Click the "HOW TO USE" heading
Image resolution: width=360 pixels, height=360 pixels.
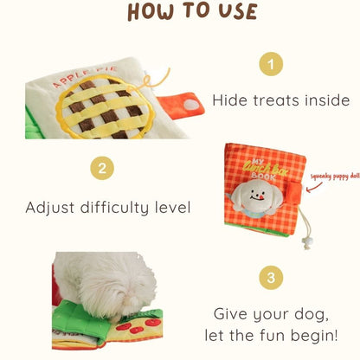[192, 11]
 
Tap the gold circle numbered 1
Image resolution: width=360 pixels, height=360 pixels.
[271, 64]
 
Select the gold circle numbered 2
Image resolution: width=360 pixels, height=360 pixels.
[102, 168]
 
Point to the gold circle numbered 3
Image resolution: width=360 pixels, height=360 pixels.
[271, 278]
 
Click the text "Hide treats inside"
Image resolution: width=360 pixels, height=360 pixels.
[281, 100]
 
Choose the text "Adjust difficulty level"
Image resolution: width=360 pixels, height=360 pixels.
[108, 208]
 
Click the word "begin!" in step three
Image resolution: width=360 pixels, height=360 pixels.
[314, 336]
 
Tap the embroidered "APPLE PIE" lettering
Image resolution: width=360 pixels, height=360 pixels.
[85, 76]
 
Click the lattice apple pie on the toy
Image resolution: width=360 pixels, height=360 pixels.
[106, 106]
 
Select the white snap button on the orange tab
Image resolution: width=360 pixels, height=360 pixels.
[191, 105]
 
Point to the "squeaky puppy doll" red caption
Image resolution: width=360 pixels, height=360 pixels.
[335, 176]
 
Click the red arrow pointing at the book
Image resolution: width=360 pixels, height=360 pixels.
[314, 187]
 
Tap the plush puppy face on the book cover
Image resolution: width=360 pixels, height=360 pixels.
[254, 196]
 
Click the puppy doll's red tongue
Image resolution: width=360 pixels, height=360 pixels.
[261, 197]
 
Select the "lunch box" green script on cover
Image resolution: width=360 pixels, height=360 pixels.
[266, 168]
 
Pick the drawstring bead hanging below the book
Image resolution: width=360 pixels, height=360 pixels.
[305, 241]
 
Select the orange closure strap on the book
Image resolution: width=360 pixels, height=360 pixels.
[295, 192]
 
